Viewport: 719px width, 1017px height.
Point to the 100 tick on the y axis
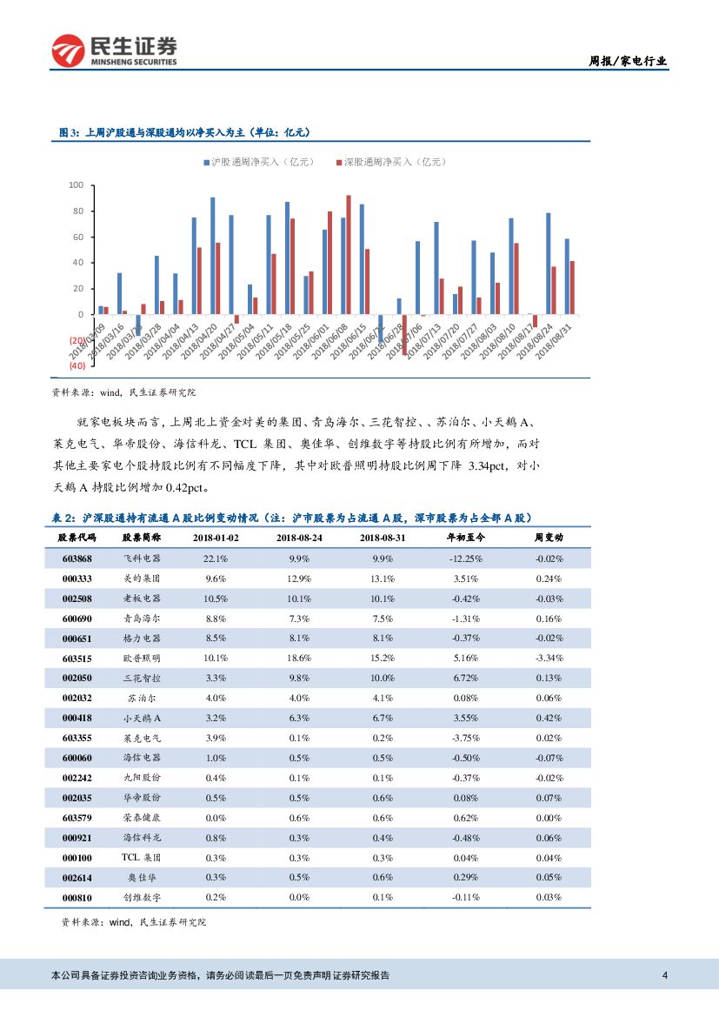click(x=76, y=185)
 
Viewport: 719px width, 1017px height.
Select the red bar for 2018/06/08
click(x=349, y=254)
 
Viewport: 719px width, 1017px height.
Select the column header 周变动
click(x=549, y=539)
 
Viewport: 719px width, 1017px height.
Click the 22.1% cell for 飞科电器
click(x=215, y=559)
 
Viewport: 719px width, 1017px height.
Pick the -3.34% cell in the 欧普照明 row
click(x=549, y=659)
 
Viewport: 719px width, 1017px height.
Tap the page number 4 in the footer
click(x=665, y=975)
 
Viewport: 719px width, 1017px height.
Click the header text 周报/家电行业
click(x=628, y=61)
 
